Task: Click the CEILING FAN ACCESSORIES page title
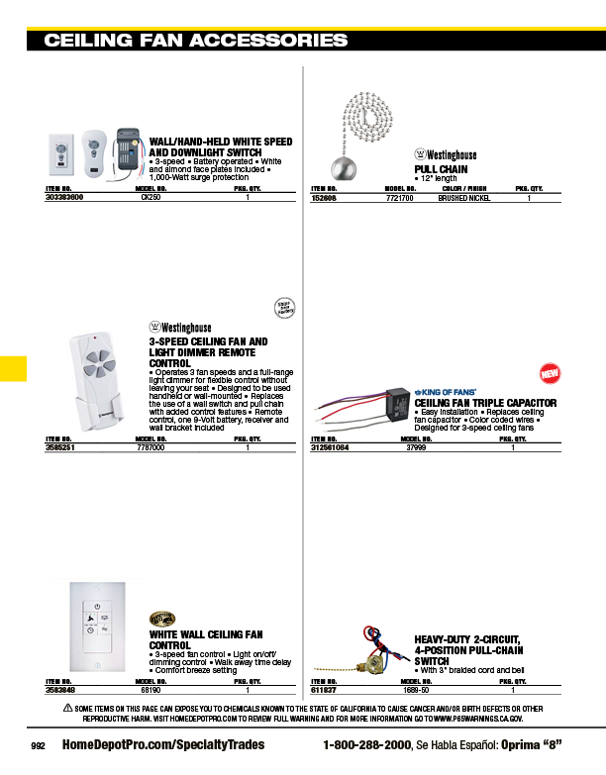tap(196, 41)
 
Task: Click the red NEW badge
tap(550, 374)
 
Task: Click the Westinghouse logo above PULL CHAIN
tap(445, 155)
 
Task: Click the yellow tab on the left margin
tap(13, 367)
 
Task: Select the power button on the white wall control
tap(97, 605)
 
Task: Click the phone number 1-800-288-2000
tap(367, 744)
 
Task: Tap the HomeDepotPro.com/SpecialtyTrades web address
tap(163, 744)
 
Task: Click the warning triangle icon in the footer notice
tap(67, 708)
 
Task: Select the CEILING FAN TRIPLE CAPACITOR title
tap(485, 403)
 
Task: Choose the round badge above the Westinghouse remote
tap(284, 308)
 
